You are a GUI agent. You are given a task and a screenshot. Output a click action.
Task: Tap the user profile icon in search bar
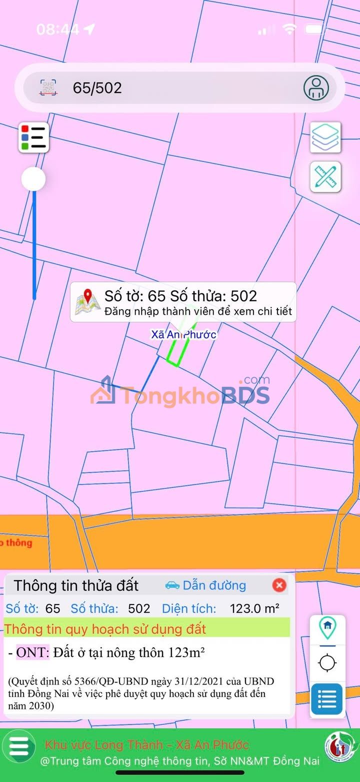[316, 88]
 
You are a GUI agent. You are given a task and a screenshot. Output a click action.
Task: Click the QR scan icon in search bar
[48, 88]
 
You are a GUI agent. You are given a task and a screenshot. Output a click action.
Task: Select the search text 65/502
[97, 88]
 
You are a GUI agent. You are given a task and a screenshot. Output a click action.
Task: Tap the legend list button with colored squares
[34, 137]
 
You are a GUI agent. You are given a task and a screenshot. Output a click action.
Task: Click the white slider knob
[33, 179]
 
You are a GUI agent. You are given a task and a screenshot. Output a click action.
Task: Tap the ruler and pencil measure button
[325, 177]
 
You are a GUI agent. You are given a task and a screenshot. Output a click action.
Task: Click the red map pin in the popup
[88, 298]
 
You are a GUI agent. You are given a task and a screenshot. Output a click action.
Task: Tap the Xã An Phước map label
[184, 334]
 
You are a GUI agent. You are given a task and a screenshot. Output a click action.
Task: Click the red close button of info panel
[279, 585]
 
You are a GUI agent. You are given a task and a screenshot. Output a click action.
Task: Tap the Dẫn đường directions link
[206, 585]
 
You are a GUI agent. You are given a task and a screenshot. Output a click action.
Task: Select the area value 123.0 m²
[254, 608]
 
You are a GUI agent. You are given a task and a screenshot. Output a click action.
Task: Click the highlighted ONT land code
[33, 652]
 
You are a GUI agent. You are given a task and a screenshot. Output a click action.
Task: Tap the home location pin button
[327, 628]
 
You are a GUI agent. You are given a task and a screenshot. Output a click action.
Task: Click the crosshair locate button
[327, 663]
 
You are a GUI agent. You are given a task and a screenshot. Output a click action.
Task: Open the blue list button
[327, 699]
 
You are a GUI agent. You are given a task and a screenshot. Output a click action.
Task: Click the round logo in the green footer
[337, 747]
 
